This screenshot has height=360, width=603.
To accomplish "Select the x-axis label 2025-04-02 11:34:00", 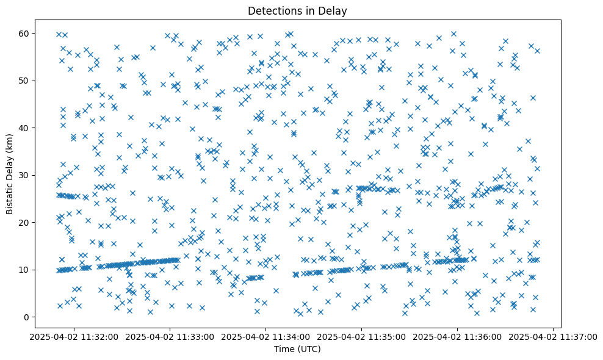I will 265,337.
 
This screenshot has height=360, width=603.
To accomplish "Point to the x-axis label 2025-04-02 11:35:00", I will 361,337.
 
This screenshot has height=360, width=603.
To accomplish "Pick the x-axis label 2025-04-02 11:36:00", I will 457,337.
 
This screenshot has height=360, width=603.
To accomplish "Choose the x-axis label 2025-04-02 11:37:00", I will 553,337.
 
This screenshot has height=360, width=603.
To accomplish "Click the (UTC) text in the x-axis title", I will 308,349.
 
